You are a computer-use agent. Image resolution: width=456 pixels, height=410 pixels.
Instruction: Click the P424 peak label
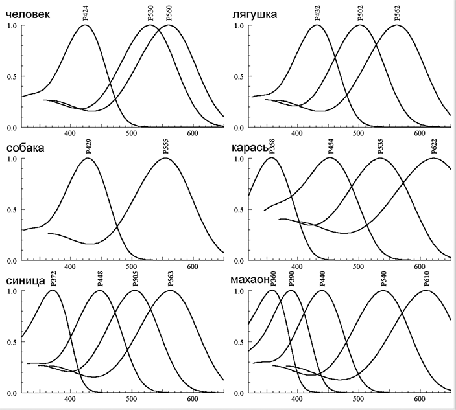click(86, 14)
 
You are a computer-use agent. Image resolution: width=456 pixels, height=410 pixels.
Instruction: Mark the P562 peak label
click(397, 14)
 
